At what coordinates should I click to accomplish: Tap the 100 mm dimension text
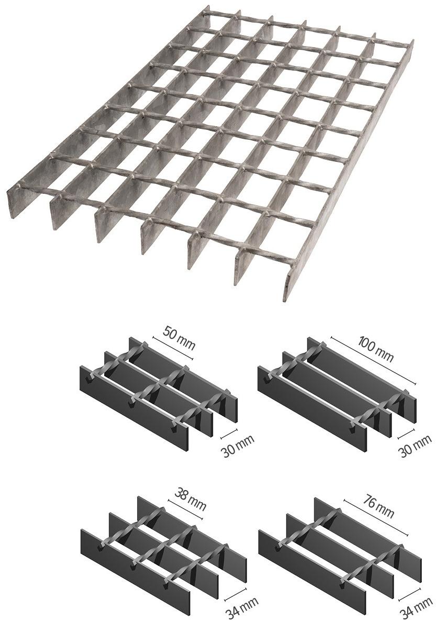(x=375, y=346)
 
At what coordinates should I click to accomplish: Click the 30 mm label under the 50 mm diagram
(x=237, y=447)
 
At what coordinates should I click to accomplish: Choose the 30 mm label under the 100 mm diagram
(x=415, y=447)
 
